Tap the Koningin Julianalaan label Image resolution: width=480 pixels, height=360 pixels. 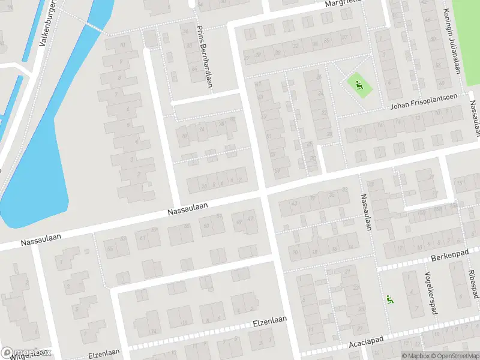pos(447,41)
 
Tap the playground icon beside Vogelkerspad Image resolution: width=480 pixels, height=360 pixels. pos(389,299)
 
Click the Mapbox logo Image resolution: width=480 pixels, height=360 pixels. pos(26,353)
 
